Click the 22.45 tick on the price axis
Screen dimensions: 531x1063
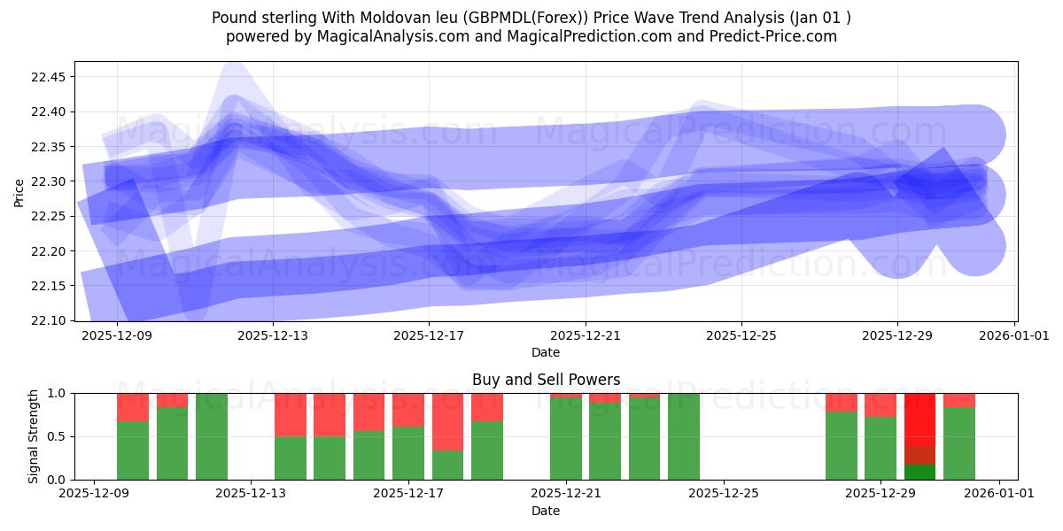(49, 77)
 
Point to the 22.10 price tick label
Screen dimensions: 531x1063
(49, 320)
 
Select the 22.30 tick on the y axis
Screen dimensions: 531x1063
(49, 181)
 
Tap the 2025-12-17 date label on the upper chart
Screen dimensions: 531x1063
(429, 336)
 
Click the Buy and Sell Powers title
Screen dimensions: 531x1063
(546, 380)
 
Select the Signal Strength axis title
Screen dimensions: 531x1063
(34, 436)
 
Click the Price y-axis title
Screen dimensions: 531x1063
(19, 191)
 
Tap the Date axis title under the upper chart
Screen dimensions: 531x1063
(546, 352)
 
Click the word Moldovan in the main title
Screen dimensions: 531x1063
(391, 18)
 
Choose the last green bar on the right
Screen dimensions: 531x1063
(959, 443)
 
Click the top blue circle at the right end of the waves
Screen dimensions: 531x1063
(974, 135)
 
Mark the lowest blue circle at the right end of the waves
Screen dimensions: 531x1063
(974, 245)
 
